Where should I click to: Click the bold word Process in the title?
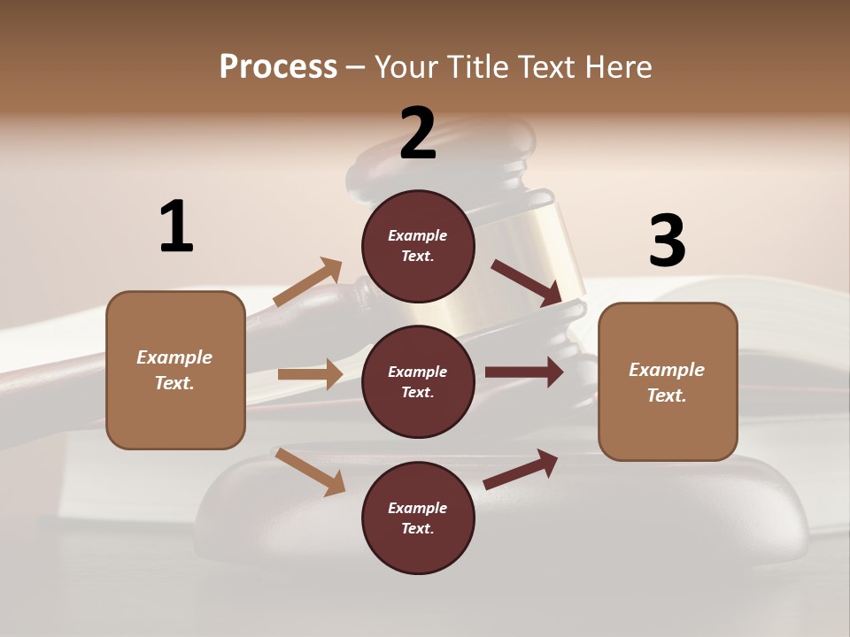coord(278,67)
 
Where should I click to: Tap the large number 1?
coord(176,227)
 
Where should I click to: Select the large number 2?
coord(418,134)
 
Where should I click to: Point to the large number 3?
coord(667,241)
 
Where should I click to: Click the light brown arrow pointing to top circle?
coord(307,282)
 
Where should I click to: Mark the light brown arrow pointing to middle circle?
coord(310,374)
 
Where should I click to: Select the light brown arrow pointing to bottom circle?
coord(311,472)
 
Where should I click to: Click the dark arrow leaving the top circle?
coord(526,282)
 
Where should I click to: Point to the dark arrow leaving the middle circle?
coord(524,372)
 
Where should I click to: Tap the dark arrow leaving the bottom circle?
coord(521,469)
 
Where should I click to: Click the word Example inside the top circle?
coord(418,235)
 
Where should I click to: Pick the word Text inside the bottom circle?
coord(416,529)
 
